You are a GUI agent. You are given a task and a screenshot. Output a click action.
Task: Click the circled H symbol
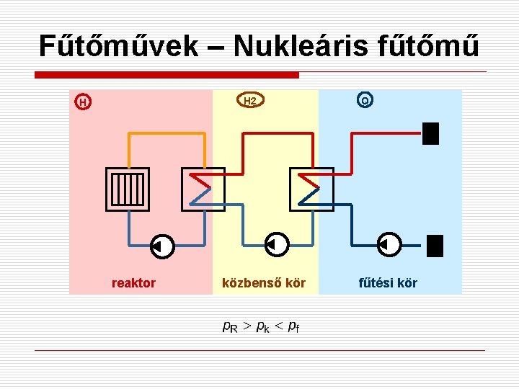coord(84,102)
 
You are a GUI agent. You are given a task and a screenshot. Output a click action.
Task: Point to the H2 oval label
coord(250,102)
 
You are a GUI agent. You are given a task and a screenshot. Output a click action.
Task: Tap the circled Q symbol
coord(365,101)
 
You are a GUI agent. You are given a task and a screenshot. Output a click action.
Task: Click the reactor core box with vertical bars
coord(128,189)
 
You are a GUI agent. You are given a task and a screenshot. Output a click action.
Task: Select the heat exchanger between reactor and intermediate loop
coord(203,189)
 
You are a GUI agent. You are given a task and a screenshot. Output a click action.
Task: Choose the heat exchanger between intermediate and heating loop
coord(311,189)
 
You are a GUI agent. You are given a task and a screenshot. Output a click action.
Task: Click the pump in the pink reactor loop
coord(162,246)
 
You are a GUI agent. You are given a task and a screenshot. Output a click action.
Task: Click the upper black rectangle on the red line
coord(430,133)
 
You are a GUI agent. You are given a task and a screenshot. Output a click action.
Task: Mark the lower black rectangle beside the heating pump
coord(434,246)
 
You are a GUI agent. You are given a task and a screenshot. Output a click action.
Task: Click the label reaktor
coord(133,283)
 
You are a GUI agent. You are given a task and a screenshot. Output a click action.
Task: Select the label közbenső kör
coord(264,283)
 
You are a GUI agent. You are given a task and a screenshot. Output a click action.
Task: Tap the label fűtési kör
coord(388,283)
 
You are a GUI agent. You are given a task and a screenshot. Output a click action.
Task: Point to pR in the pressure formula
coord(230,327)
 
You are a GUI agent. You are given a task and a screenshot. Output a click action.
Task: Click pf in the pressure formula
coord(293,327)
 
